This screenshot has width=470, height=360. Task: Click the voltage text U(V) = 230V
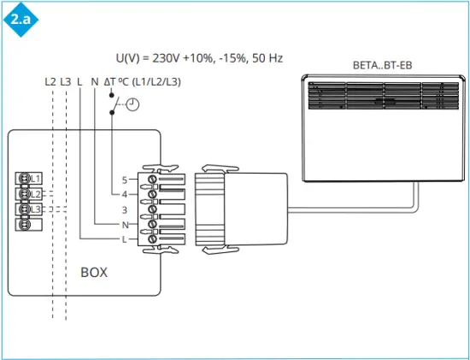199,58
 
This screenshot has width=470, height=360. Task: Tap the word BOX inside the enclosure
94,273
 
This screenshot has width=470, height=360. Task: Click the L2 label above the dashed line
50,82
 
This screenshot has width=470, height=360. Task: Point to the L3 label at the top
65,82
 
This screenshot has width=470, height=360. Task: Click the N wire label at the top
95,82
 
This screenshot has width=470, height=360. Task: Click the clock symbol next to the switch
132,104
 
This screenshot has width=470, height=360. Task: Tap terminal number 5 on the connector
124,180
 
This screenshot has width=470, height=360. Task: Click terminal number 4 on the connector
124,195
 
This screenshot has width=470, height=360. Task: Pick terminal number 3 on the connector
124,210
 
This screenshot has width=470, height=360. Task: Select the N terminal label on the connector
124,224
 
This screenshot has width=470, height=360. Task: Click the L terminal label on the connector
124,239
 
